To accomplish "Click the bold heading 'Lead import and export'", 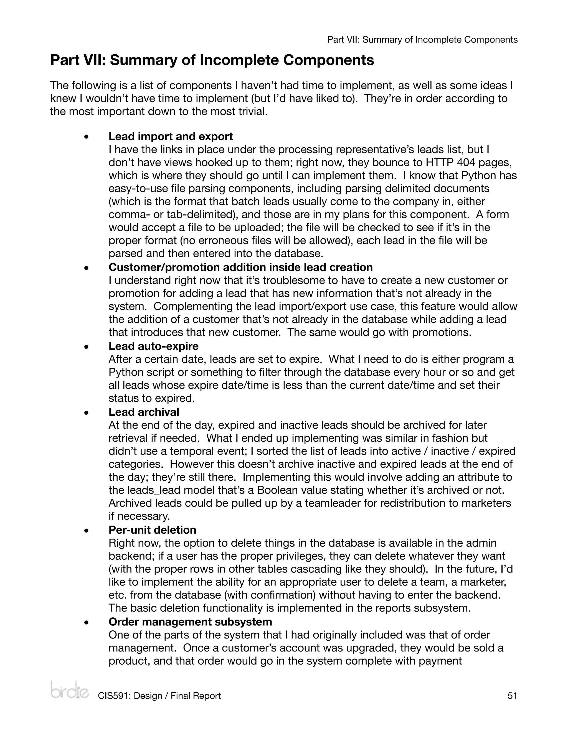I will coord(171,136).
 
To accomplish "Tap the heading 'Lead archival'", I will coord(144,412).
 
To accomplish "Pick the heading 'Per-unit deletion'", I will coord(152,530).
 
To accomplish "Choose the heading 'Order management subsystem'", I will coord(190,622).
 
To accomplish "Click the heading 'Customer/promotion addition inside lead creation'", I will coord(240,267).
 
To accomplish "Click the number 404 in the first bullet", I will coord(464,163).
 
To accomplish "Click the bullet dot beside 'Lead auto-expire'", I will coord(87,346).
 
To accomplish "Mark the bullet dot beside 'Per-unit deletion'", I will coord(87,530).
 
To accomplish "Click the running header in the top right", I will coord(422,40).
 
